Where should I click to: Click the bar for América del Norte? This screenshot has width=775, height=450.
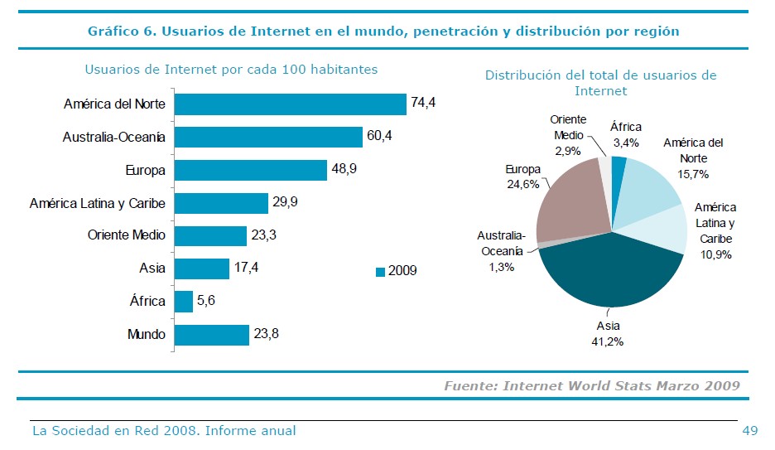(290, 104)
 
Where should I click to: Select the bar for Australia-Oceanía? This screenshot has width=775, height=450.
(268, 137)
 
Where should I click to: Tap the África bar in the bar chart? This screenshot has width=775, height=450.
(184, 301)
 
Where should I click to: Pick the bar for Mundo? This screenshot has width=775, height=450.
(212, 335)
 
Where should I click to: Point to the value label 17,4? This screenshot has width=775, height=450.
(246, 268)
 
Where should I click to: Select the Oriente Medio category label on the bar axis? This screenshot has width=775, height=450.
(126, 235)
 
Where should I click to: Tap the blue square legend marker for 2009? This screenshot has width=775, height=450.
(380, 271)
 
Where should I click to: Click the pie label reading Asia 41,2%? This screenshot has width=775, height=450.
(609, 333)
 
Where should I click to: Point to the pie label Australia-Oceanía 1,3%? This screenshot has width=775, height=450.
(501, 251)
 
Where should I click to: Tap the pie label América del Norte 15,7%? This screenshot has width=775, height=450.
(693, 157)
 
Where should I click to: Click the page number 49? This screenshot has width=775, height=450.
(750, 430)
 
